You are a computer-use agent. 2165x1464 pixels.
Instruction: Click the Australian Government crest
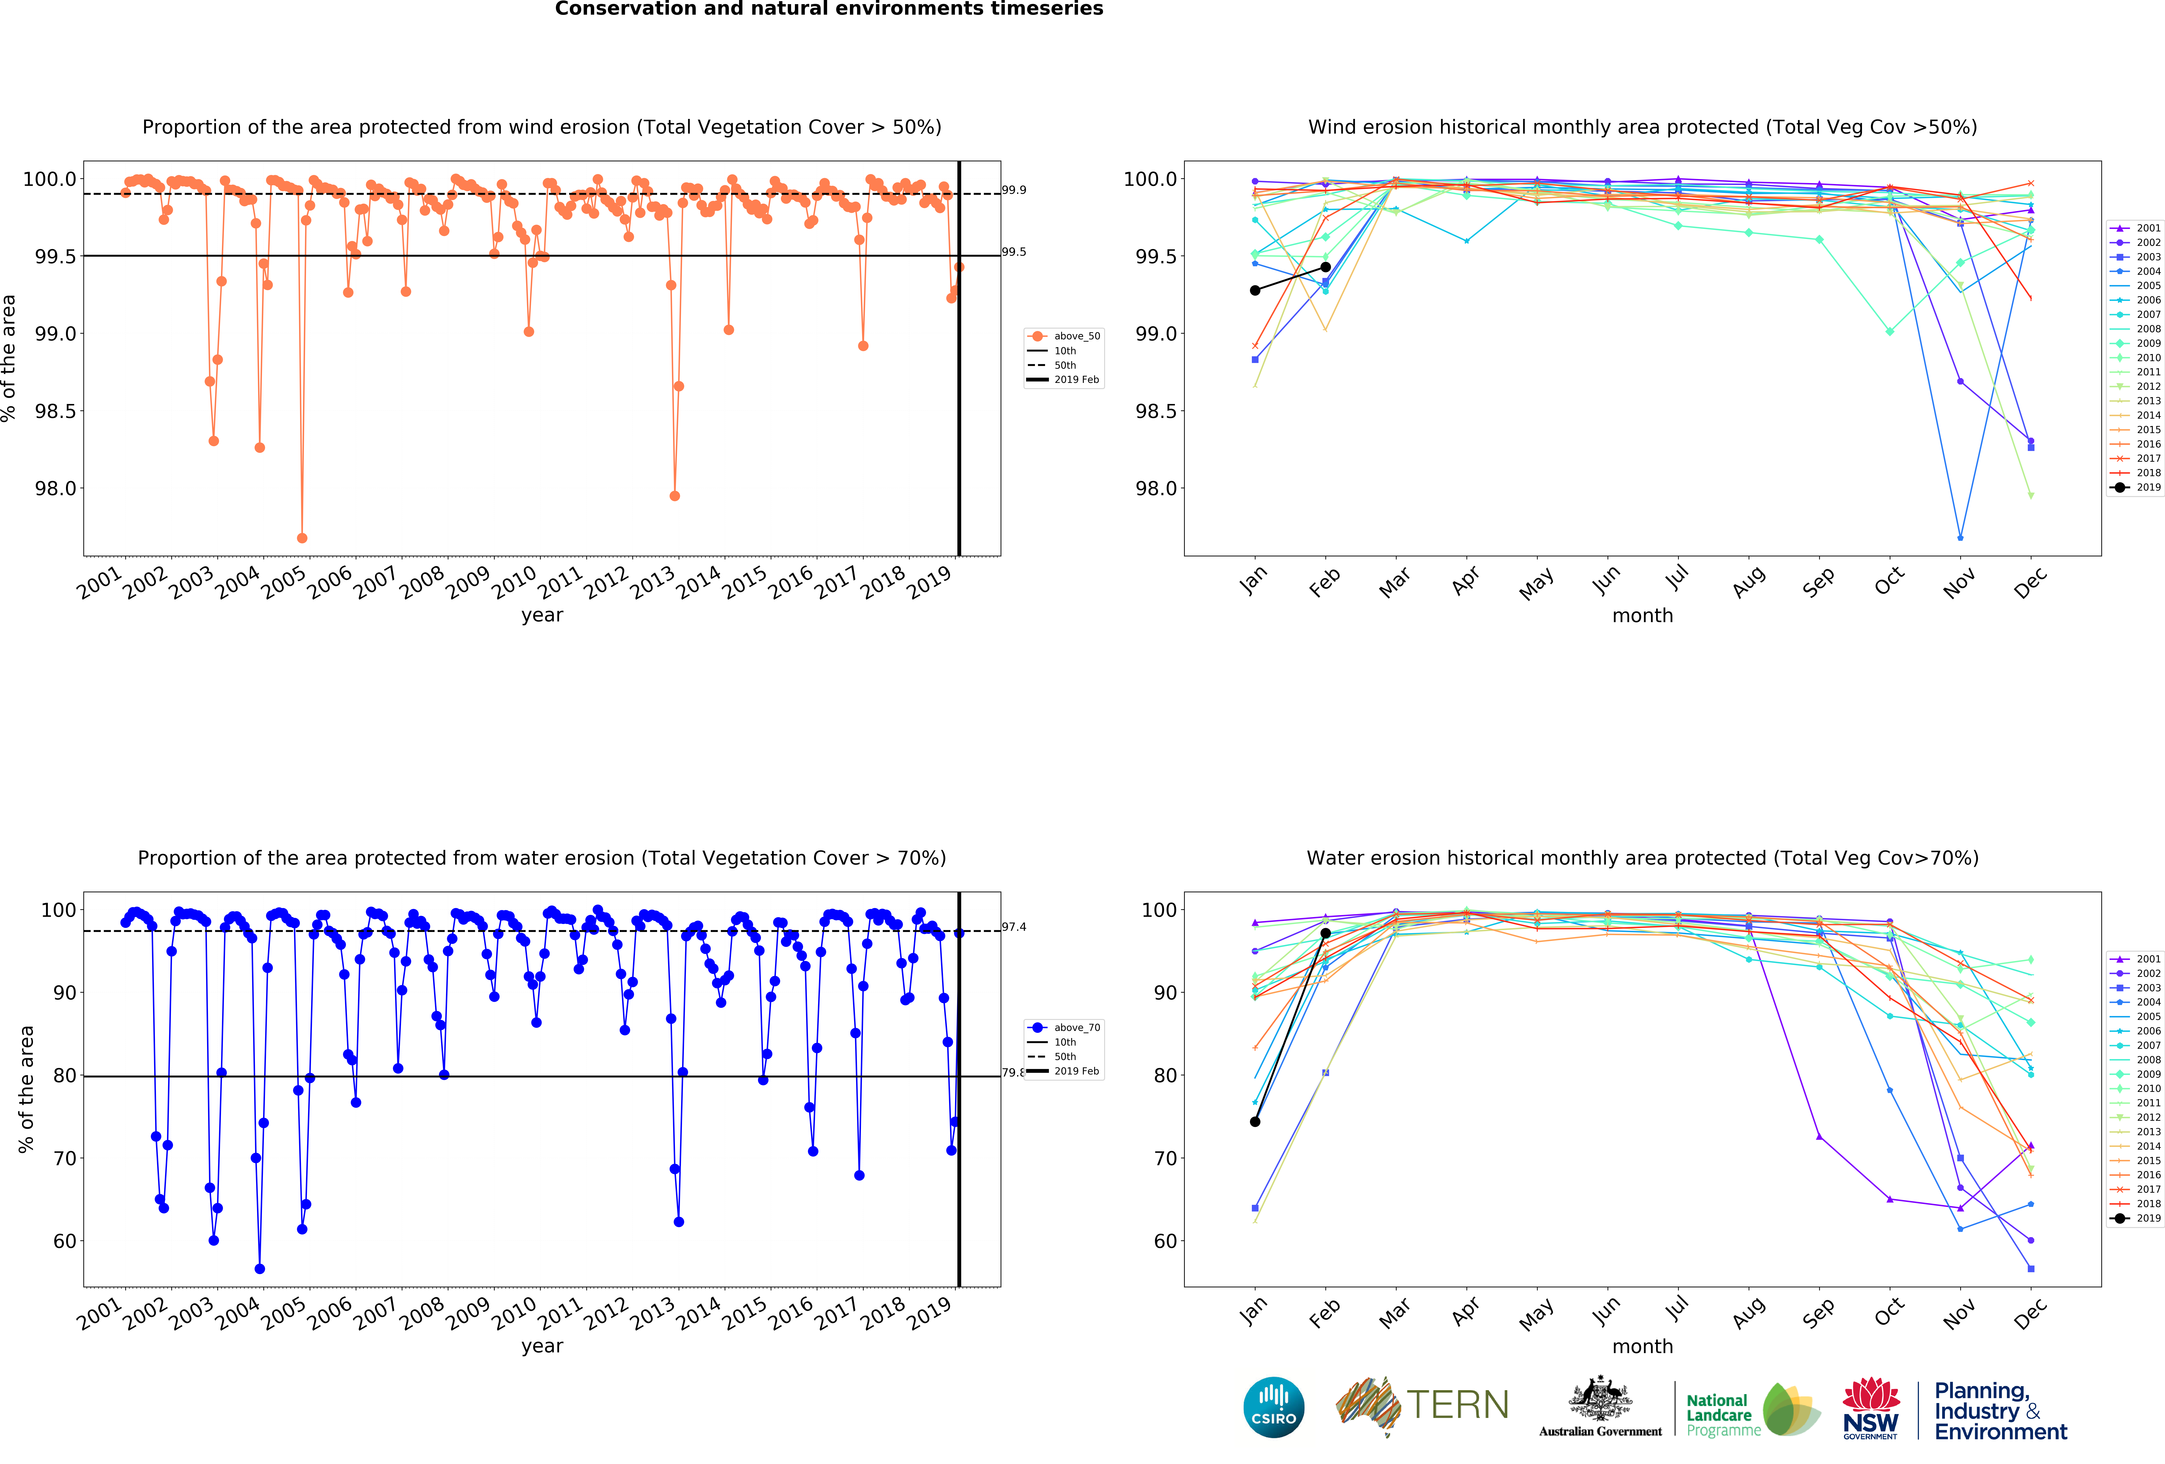(x=1600, y=1398)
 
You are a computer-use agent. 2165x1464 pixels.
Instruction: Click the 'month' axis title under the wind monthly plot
(x=1642, y=616)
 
